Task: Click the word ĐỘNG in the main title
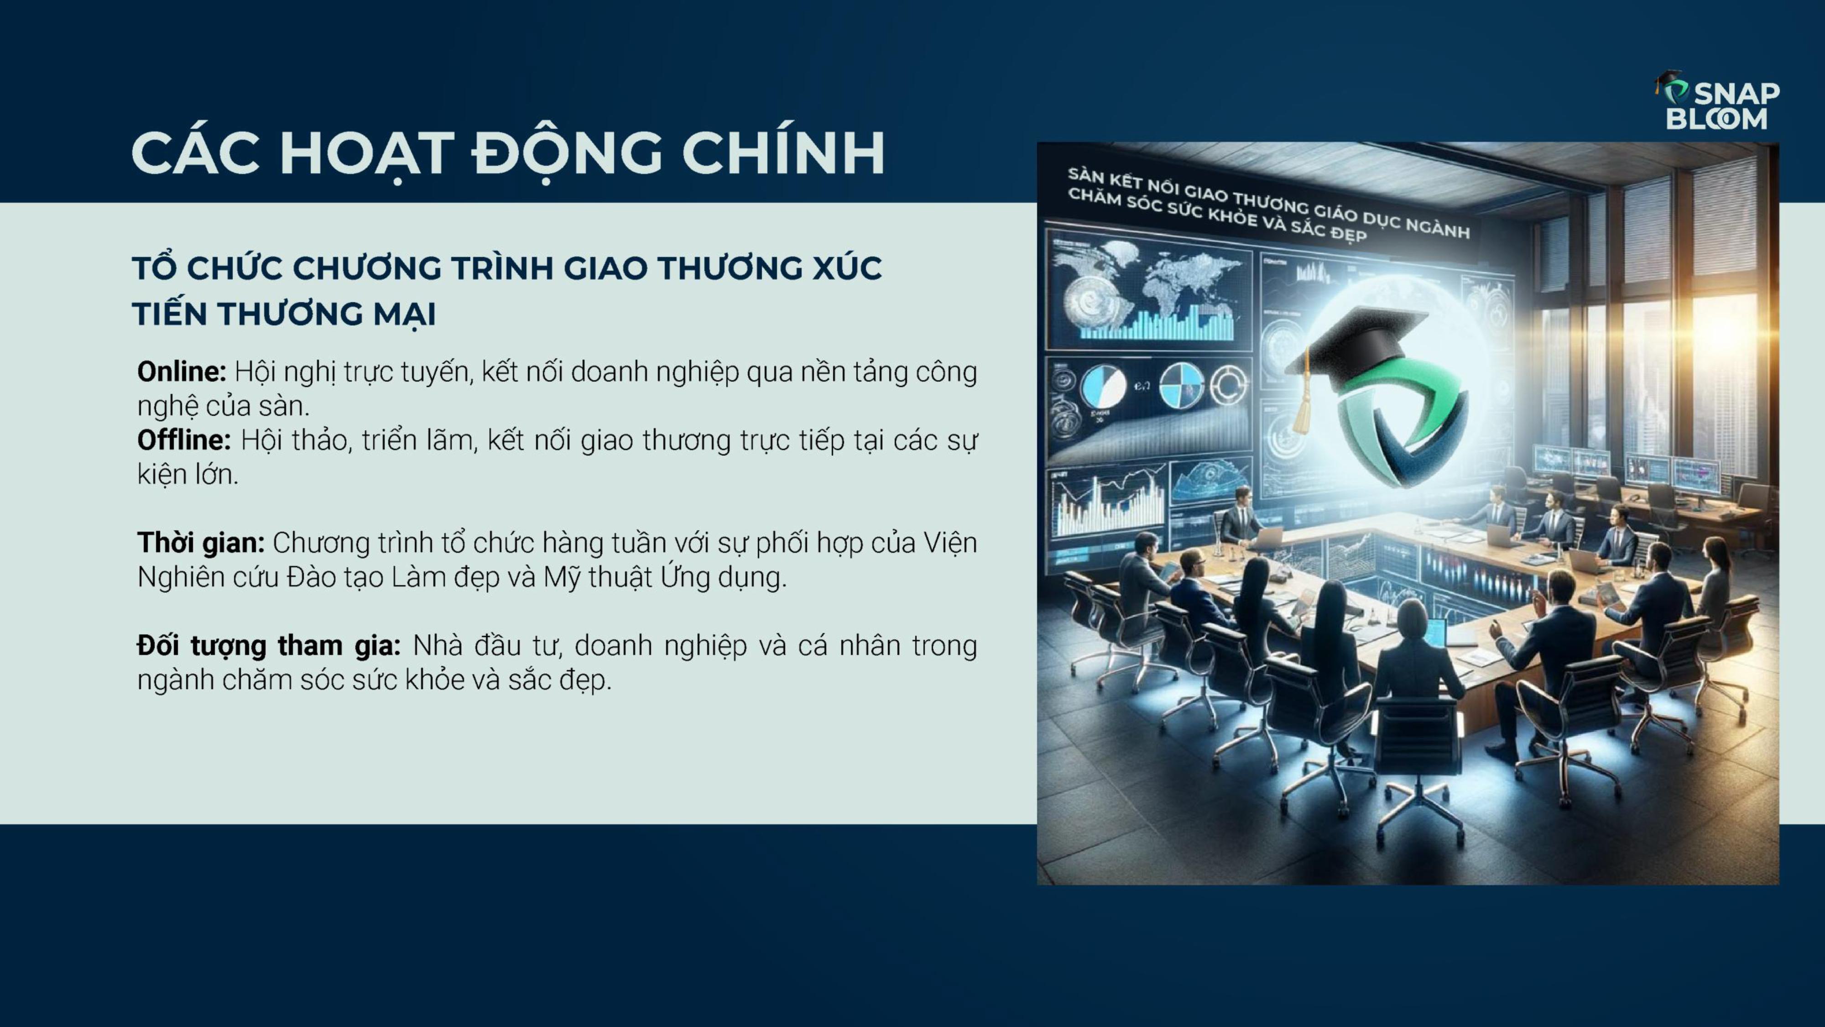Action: click(567, 152)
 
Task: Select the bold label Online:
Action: click(182, 372)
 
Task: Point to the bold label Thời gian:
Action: click(200, 543)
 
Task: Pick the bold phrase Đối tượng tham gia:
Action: click(269, 646)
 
